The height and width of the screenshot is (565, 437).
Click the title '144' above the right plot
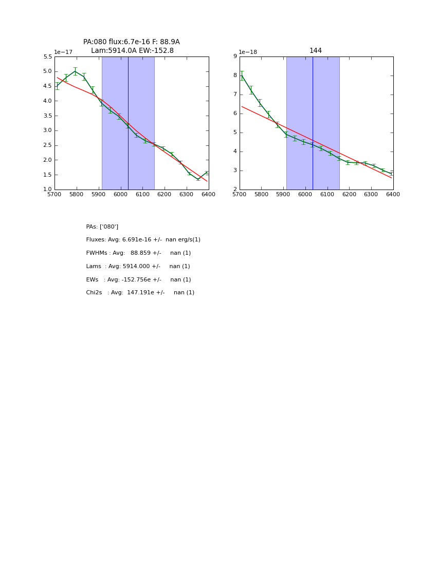tap(316, 51)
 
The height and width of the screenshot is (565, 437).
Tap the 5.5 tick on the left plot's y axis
tap(48, 57)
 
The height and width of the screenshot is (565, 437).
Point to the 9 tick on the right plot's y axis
tap(234, 57)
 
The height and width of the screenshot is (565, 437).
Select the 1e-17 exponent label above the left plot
tap(63, 52)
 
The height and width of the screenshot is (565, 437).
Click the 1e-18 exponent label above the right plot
tap(248, 52)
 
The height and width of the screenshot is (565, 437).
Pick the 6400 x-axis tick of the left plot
tap(208, 194)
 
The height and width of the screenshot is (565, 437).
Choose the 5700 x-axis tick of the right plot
tap(240, 194)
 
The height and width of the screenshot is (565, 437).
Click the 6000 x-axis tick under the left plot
tap(120, 194)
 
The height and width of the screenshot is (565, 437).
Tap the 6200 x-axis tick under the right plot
tap(349, 194)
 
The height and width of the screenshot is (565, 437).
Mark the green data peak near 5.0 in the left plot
tap(75, 71)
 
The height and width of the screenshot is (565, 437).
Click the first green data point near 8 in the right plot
tap(242, 76)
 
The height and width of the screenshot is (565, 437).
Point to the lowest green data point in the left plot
tap(198, 179)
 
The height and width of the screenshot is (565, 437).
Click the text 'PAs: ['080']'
tap(102, 227)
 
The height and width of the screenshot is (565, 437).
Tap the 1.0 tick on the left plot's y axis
tap(48, 190)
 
